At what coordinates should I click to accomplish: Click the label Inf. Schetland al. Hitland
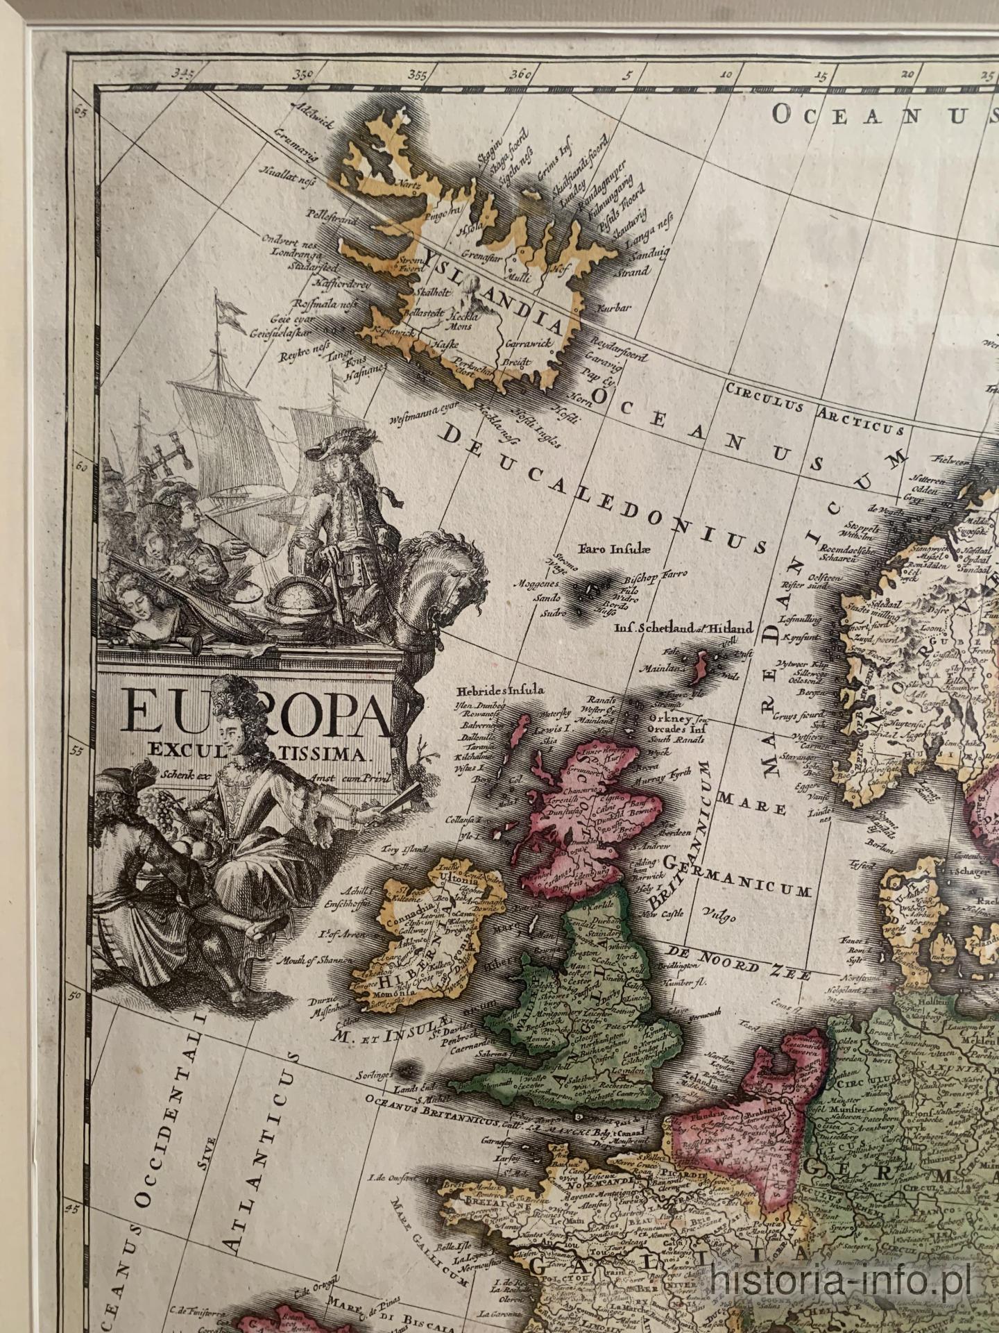tap(683, 629)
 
